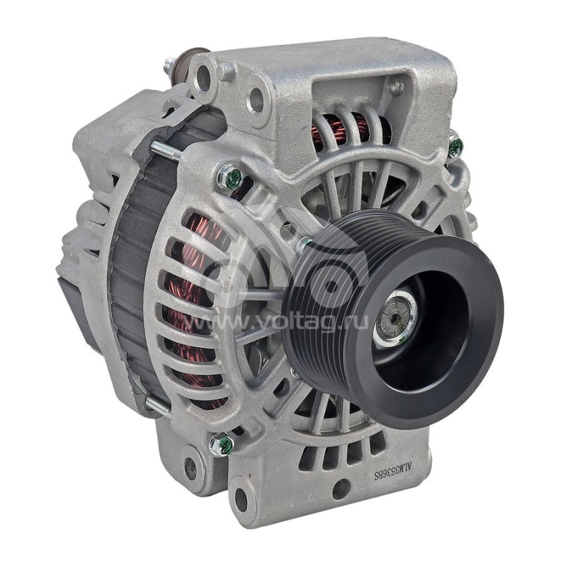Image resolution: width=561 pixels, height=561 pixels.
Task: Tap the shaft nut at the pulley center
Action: coord(395,318)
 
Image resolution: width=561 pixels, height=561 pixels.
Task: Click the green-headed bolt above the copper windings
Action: coord(231,177)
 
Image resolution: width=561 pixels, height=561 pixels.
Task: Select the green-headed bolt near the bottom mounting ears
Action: coord(222,444)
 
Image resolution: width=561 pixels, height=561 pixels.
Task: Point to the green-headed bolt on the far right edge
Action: coord(455,147)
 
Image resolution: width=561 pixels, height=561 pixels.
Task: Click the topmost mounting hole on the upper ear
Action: coord(204,77)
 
